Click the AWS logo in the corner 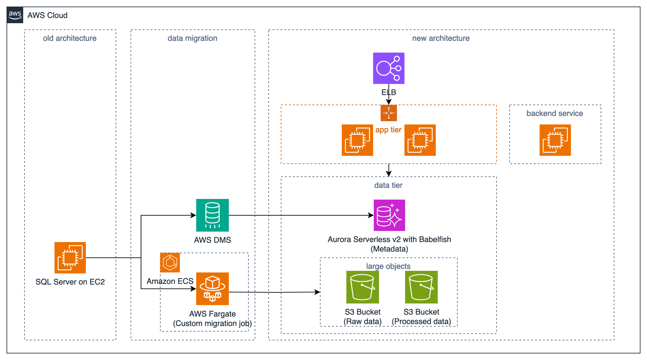click(x=15, y=15)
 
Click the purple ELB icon click(x=388, y=68)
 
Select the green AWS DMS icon click(x=212, y=215)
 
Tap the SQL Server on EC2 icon click(x=70, y=258)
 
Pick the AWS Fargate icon click(x=212, y=289)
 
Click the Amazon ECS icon click(x=170, y=263)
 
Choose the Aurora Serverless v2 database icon click(x=389, y=215)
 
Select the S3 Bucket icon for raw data click(x=362, y=287)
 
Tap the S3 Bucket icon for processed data click(x=421, y=287)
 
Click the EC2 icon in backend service click(x=555, y=140)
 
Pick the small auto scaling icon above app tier click(x=388, y=113)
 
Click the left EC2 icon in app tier click(x=357, y=140)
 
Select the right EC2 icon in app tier click(x=420, y=140)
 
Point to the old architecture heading click(x=70, y=38)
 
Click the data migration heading click(x=192, y=38)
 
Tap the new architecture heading click(x=441, y=38)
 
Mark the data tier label click(x=388, y=185)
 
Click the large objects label click(x=388, y=266)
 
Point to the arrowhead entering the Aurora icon click(x=371, y=215)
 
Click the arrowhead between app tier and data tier click(x=388, y=173)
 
